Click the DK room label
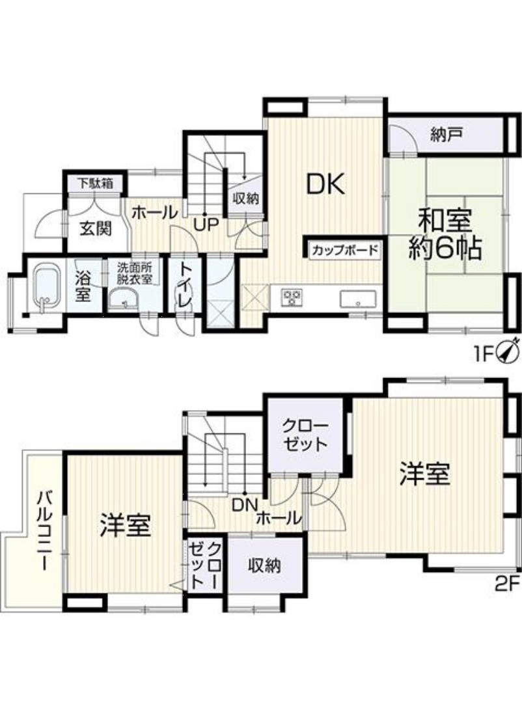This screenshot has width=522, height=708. (326, 184)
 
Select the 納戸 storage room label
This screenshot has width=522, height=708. (445, 135)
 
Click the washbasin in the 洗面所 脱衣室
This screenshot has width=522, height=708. (124, 299)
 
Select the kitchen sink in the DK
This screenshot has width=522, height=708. (357, 299)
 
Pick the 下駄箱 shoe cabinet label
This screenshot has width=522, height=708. (95, 184)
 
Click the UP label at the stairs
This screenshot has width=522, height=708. (206, 225)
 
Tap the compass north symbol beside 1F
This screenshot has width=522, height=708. (508, 350)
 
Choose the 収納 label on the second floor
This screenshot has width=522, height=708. (264, 565)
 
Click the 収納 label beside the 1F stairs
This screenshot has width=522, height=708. (245, 198)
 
